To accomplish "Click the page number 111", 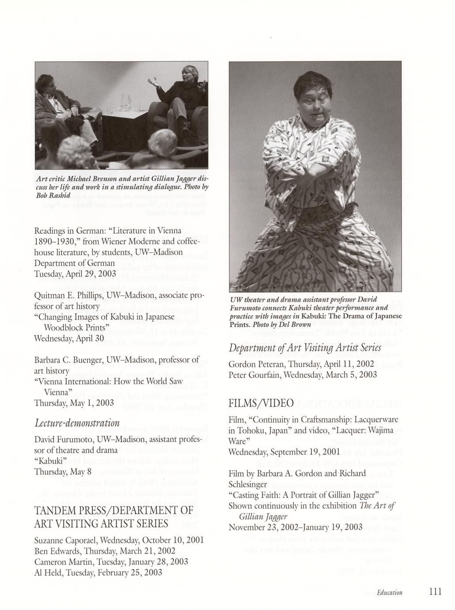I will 435,592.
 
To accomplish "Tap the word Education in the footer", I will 390,592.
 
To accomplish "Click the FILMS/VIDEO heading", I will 261,403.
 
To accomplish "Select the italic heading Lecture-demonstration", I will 77,423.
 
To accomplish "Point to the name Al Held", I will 47,572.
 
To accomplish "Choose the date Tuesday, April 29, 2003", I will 75,274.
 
